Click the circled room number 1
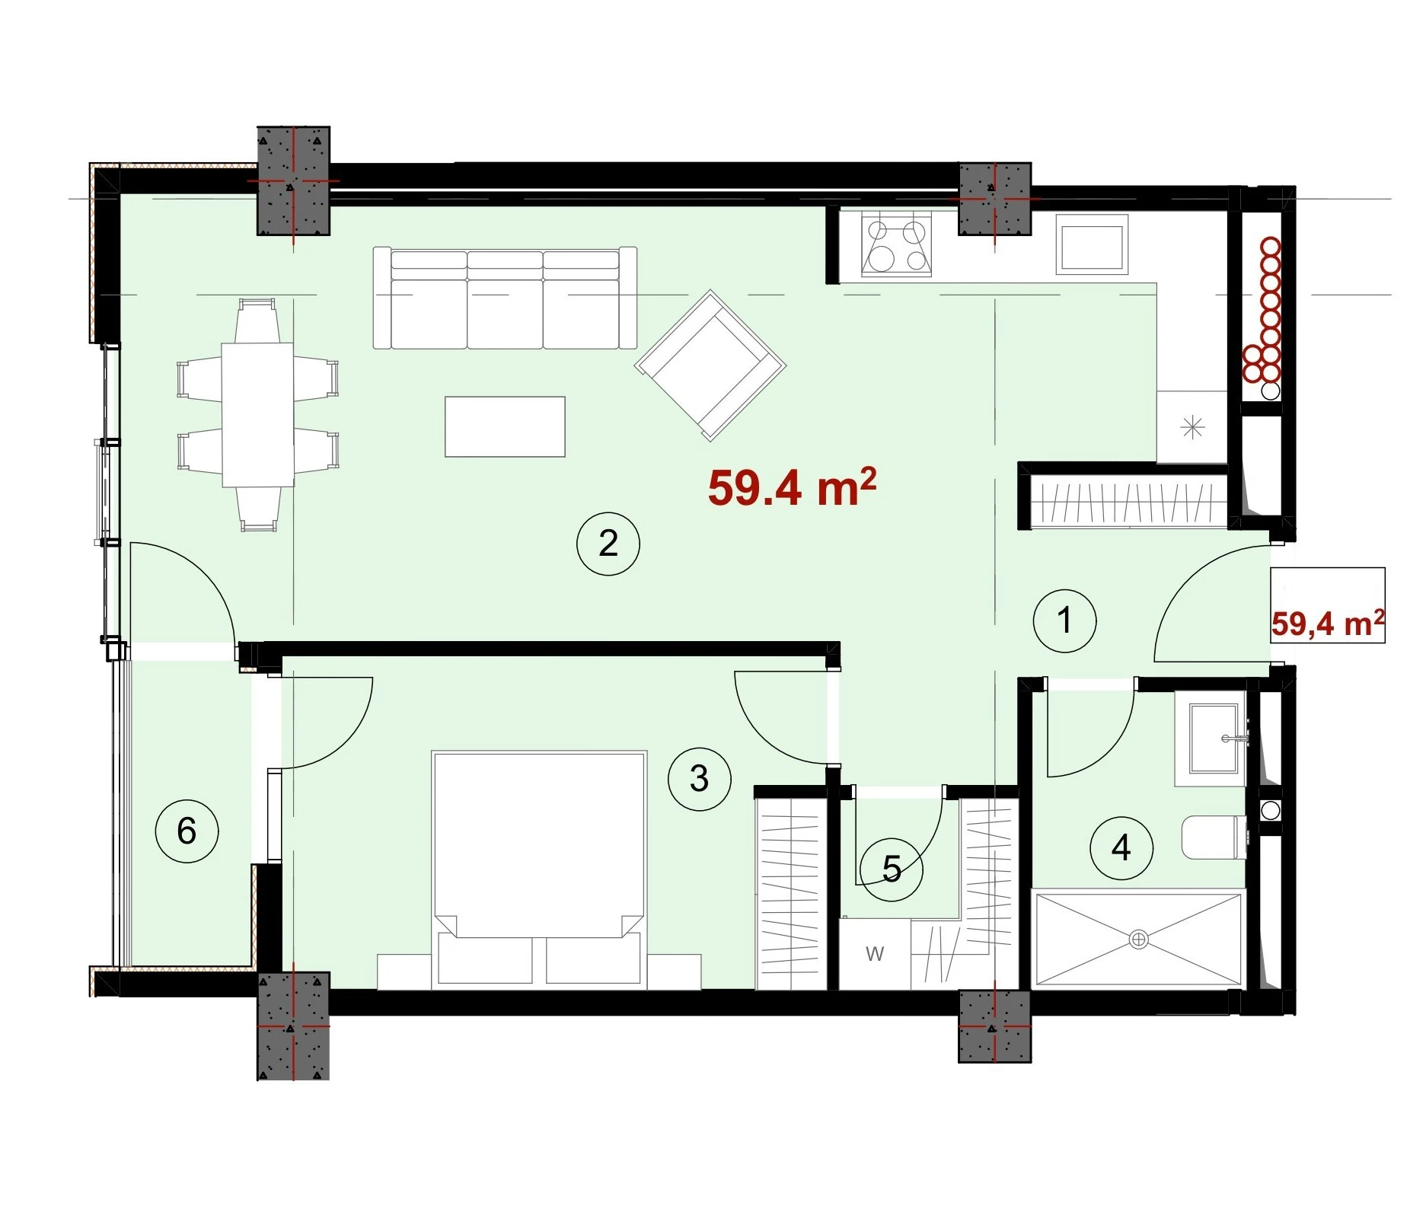pyautogui.click(x=1064, y=621)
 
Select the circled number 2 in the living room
pyautogui.click(x=608, y=544)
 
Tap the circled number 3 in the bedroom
pyautogui.click(x=699, y=779)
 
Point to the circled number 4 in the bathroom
pyautogui.click(x=1121, y=847)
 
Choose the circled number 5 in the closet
pyautogui.click(x=892, y=869)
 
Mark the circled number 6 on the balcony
pyautogui.click(x=187, y=831)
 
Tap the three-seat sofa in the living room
pyautogui.click(x=505, y=298)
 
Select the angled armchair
pyautogui.click(x=710, y=365)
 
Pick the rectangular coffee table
pyautogui.click(x=505, y=426)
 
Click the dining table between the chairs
pyautogui.click(x=258, y=415)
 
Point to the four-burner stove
pyautogui.click(x=896, y=243)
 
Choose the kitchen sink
pyautogui.click(x=1092, y=244)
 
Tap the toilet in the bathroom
pyautogui.click(x=1214, y=837)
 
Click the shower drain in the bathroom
pyautogui.click(x=1138, y=940)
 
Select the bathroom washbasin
pyautogui.click(x=1211, y=738)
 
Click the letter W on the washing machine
pyautogui.click(x=875, y=953)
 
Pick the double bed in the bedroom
pyautogui.click(x=539, y=870)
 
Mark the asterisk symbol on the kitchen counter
pyautogui.click(x=1192, y=428)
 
